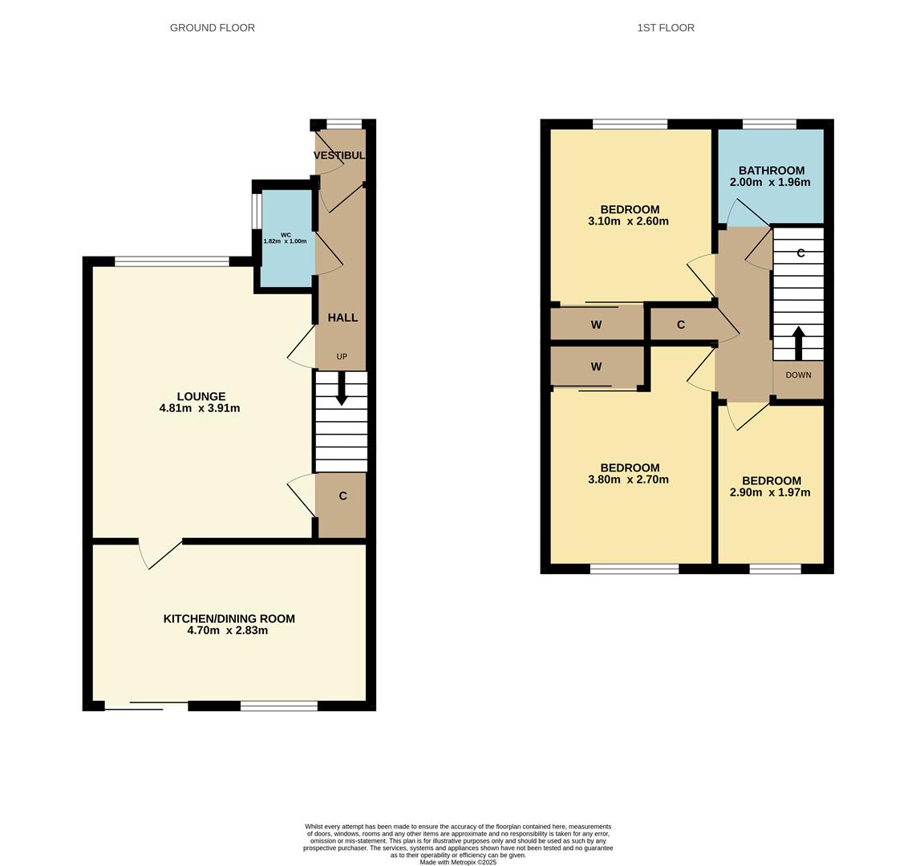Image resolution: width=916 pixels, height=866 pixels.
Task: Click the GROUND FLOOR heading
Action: click(212, 28)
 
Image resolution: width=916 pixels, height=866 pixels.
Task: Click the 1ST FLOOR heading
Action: click(665, 28)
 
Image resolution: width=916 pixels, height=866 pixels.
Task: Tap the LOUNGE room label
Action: click(201, 396)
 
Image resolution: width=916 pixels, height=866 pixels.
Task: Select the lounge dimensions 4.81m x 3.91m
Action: click(200, 408)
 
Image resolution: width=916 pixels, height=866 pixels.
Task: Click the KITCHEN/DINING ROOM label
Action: click(229, 618)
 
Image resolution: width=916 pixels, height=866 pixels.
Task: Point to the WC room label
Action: click(286, 235)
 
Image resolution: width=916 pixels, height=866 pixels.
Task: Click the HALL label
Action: click(342, 318)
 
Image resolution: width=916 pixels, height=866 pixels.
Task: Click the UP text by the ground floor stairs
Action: click(342, 357)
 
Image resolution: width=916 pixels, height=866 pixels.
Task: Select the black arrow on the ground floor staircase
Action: click(342, 388)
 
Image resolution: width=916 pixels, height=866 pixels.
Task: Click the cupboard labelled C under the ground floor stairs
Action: click(342, 496)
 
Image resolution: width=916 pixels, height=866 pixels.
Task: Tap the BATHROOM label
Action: click(771, 170)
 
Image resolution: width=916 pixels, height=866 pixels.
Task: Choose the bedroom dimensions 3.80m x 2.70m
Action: click(630, 480)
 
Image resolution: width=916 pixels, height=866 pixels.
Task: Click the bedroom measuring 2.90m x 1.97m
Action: click(770, 486)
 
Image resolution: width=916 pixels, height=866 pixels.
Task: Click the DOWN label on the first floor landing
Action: click(798, 375)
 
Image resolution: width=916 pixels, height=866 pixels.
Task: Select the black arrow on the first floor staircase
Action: click(798, 342)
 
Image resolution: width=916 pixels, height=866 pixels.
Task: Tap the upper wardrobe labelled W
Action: click(596, 325)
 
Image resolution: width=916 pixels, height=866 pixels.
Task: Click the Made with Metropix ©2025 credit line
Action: click(457, 862)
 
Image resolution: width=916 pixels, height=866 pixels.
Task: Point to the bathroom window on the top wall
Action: click(769, 124)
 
